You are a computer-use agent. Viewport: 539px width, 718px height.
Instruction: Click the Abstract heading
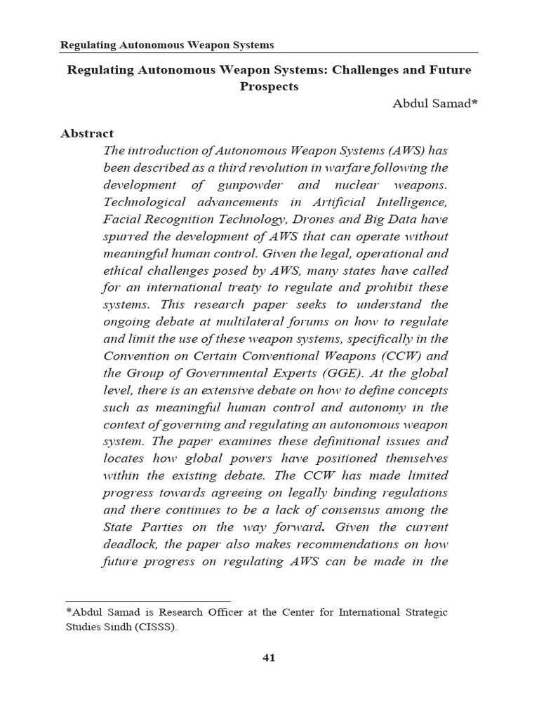87,133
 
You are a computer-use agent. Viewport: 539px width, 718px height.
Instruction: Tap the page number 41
269,657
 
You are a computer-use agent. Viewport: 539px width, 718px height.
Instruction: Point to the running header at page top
167,46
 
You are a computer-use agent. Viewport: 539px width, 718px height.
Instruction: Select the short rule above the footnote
147,601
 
